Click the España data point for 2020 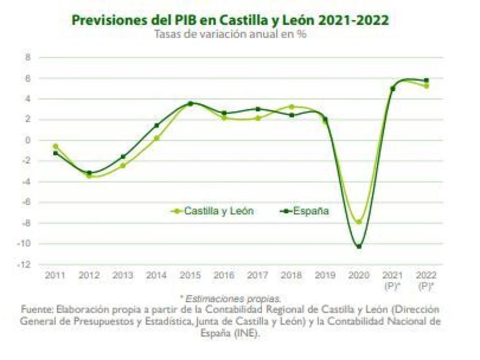click(x=359, y=246)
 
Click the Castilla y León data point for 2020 click(x=359, y=222)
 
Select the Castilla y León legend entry click(x=211, y=211)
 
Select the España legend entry click(x=304, y=211)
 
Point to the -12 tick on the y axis click(x=26, y=264)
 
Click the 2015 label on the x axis click(x=190, y=276)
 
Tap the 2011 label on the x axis click(x=55, y=276)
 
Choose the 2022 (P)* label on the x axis click(x=426, y=280)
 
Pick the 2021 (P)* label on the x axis click(x=392, y=280)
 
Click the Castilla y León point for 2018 click(x=291, y=106)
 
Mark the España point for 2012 click(x=89, y=173)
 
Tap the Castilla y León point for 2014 click(x=156, y=138)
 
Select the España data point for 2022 click(x=426, y=80)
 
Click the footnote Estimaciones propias click(x=232, y=298)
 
